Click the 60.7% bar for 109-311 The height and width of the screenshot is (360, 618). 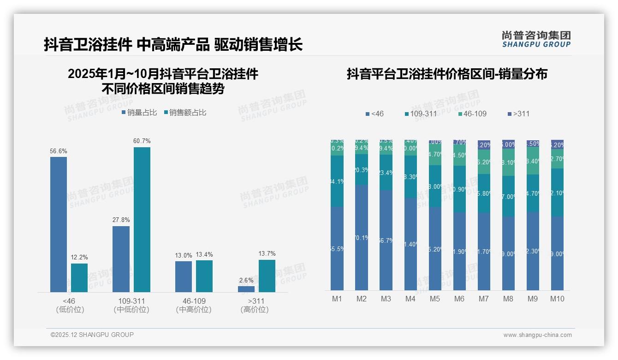pos(142,219)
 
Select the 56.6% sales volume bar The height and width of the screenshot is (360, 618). pos(59,224)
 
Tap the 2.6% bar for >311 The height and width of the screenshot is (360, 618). pos(246,289)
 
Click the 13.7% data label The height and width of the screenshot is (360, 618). pos(267,253)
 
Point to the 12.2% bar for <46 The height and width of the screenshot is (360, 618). pos(79,277)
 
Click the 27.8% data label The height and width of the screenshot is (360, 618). pos(121,220)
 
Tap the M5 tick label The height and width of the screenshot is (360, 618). pos(435,299)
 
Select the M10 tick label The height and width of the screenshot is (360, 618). pos(557,299)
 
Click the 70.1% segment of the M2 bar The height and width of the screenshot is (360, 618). pos(362,237)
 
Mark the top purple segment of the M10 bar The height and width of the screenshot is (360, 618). pos(557,144)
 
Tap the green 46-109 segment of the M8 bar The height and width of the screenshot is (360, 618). pos(508,162)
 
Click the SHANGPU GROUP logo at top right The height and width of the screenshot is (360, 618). pos(536,39)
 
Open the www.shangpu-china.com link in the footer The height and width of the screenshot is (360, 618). pos(537,335)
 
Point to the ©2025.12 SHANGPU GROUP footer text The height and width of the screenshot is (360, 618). pos(92,335)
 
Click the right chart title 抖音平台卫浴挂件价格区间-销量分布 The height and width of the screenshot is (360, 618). pos(447,74)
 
